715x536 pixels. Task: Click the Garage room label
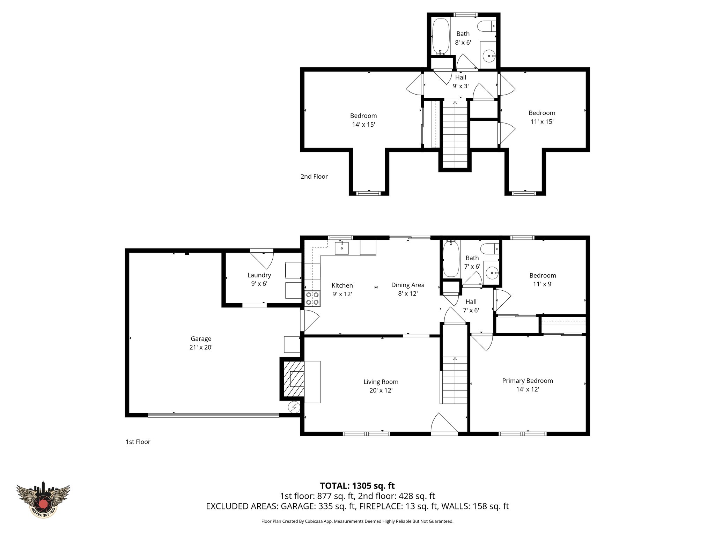tap(201, 338)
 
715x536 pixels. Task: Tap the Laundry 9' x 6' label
tap(259, 279)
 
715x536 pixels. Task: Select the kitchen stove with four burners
tap(312, 298)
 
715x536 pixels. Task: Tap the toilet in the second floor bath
tap(486, 25)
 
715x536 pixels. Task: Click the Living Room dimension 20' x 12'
tap(381, 390)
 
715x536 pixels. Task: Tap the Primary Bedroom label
tap(527, 381)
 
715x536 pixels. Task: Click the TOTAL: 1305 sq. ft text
tap(357, 485)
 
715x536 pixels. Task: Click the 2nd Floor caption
tap(314, 177)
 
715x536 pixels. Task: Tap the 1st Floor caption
tap(138, 442)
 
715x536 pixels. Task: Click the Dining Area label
tap(407, 285)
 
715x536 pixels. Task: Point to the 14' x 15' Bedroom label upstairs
tap(363, 120)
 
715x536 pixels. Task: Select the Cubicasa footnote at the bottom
tap(357, 521)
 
